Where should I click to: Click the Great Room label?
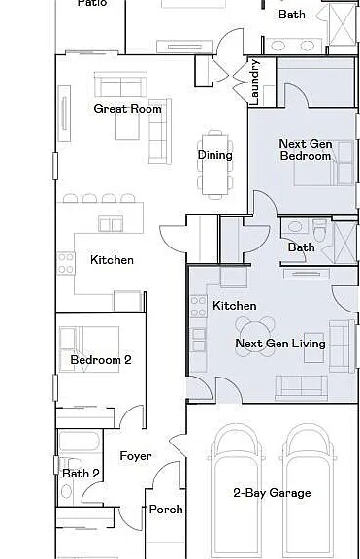[x=127, y=109]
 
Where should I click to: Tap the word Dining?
[x=214, y=155]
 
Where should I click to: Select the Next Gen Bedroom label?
[x=306, y=149]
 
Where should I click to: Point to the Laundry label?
[x=255, y=82]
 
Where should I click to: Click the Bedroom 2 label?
[x=101, y=360]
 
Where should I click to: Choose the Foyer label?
[x=136, y=456]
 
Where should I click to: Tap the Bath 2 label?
[x=82, y=474]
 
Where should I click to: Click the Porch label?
[x=166, y=510]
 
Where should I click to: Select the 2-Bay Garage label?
[x=272, y=493]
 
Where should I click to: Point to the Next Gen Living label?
[x=280, y=344]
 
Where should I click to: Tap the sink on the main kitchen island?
[x=111, y=224]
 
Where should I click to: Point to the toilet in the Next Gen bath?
[x=319, y=229]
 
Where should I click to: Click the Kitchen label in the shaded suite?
[x=235, y=306]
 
